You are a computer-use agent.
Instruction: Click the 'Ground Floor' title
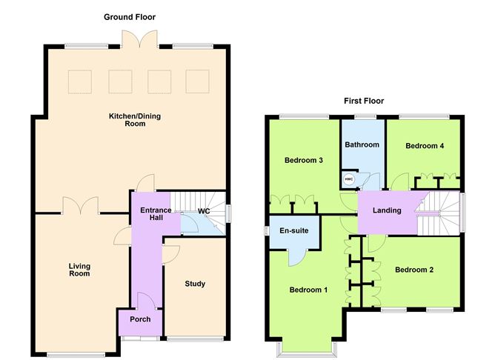point(130,16)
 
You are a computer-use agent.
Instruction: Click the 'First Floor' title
point(363,101)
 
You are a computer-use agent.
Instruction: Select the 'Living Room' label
point(79,270)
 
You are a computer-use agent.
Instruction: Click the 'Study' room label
point(195,284)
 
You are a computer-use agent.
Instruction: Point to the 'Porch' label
point(140,319)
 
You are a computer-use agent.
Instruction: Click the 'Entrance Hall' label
point(156,215)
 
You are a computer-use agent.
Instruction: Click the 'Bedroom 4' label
point(425,146)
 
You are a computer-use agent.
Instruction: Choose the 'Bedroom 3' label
point(304,160)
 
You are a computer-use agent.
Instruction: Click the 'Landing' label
point(387,210)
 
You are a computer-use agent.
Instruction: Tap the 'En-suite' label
point(294,230)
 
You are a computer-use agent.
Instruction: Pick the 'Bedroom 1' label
point(308,289)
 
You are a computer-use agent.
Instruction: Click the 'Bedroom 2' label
point(414,270)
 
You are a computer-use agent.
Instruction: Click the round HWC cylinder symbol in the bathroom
point(348,179)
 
